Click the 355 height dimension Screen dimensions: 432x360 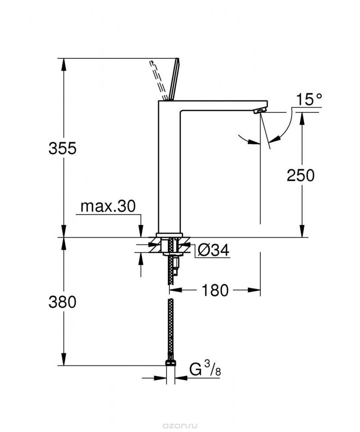(62, 149)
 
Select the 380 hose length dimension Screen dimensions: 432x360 (62, 302)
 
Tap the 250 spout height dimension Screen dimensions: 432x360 (301, 175)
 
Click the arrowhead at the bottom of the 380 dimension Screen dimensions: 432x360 (64, 359)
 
